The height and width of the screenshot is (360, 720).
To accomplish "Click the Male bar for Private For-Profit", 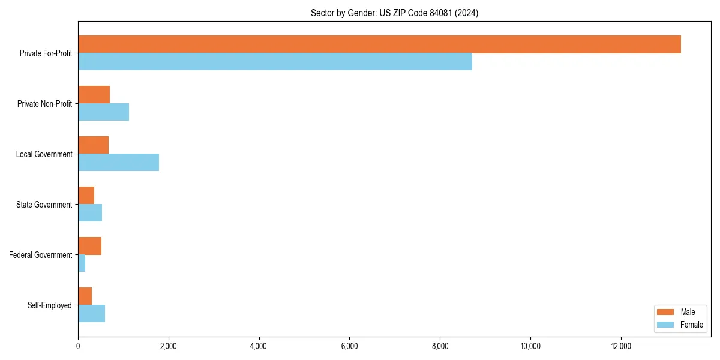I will pyautogui.click(x=379, y=44).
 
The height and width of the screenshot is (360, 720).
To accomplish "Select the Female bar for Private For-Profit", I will pyautogui.click(x=275, y=61).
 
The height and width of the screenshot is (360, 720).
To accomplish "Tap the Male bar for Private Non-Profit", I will pyautogui.click(x=94, y=95).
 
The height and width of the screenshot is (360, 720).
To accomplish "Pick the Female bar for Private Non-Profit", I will pyautogui.click(x=103, y=112).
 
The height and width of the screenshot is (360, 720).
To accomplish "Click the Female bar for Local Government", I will pyautogui.click(x=118, y=162).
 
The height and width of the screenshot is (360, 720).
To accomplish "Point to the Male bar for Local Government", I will pyautogui.click(x=93, y=145).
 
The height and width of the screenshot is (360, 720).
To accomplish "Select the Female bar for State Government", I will pyautogui.click(x=90, y=212).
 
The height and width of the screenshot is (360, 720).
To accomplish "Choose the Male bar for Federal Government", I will pyautogui.click(x=89, y=246).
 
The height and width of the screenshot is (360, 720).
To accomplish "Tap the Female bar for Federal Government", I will pyautogui.click(x=82, y=263).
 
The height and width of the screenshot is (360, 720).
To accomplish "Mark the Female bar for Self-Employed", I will pyautogui.click(x=91, y=313).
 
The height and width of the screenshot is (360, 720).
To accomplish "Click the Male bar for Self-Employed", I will pyautogui.click(x=85, y=296).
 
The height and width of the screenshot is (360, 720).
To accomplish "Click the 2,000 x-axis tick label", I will pyautogui.click(x=168, y=346).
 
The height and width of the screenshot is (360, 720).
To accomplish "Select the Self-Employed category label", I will pyautogui.click(x=49, y=305).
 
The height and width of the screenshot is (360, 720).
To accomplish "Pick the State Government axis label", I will pyautogui.click(x=44, y=205).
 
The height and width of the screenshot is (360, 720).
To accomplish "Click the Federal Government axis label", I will pyautogui.click(x=40, y=255).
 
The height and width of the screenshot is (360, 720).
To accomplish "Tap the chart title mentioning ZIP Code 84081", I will pyautogui.click(x=394, y=13).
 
